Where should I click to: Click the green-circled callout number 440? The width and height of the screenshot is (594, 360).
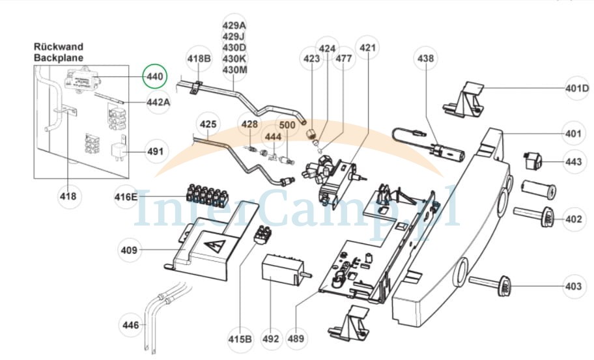(x=154, y=76)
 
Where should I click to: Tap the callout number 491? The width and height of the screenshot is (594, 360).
(x=155, y=152)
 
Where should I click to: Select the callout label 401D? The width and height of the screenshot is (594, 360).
(x=577, y=89)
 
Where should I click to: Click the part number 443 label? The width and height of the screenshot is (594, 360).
(x=574, y=162)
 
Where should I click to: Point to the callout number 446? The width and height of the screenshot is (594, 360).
(x=131, y=325)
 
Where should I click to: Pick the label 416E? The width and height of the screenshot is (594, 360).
(x=126, y=197)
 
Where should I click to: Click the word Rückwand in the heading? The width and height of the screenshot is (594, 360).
(x=59, y=47)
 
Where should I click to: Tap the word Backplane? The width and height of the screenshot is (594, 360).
(x=59, y=58)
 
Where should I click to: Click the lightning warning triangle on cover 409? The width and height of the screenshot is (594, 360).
(x=214, y=247)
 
